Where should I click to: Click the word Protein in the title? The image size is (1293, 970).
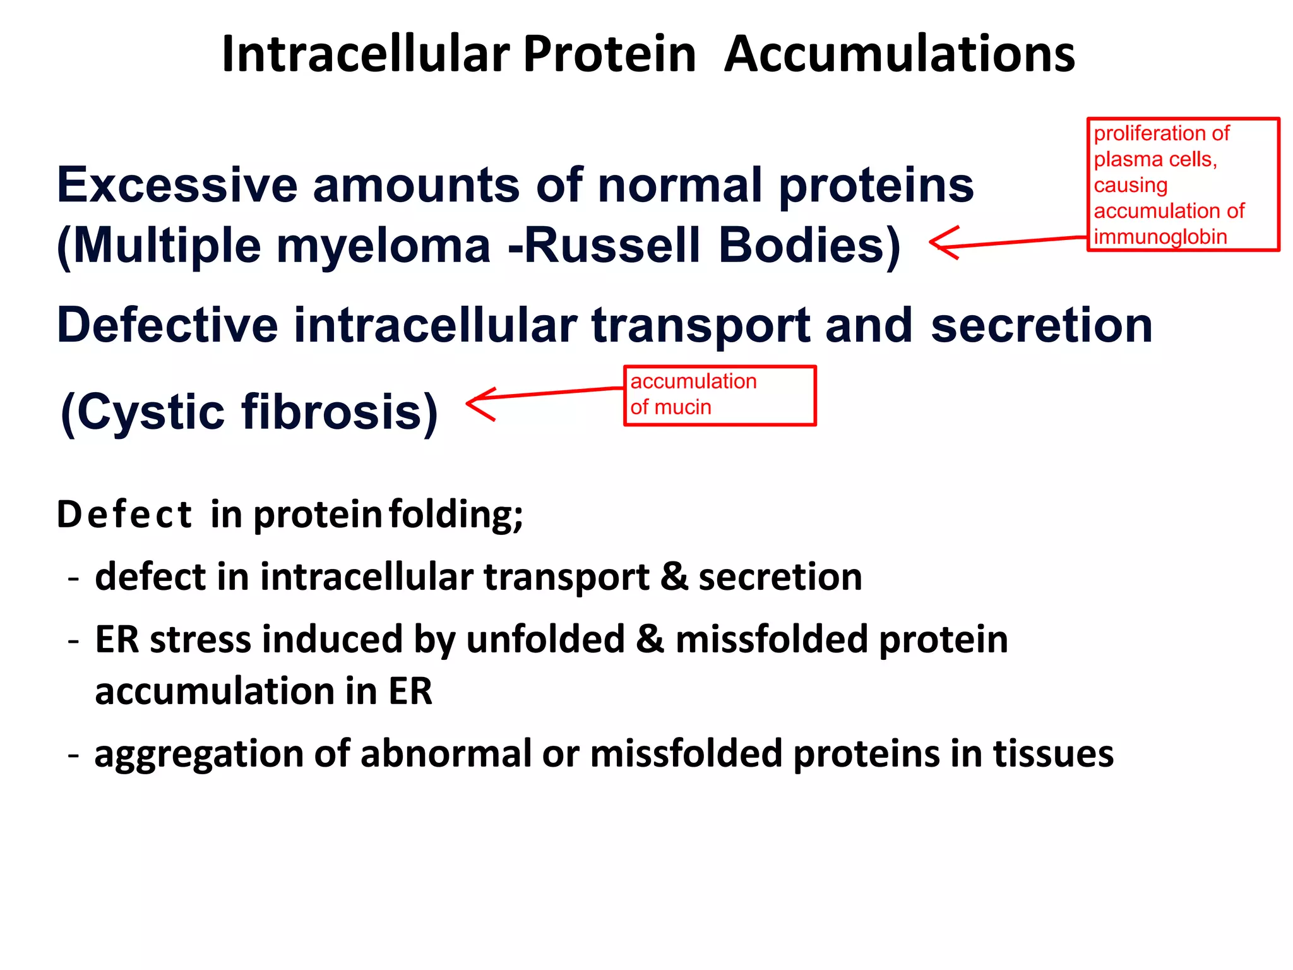609,54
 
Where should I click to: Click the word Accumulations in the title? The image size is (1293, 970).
899,54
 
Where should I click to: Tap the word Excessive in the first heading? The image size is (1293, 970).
177,185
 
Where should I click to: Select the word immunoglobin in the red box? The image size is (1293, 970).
1160,237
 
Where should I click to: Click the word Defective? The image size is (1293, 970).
167,325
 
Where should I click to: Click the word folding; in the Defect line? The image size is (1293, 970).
456,515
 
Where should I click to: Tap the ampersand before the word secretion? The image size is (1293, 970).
674,577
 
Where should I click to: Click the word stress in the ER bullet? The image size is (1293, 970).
200,639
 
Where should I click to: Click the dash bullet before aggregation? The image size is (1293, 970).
74,754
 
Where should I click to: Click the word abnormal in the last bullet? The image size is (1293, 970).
446,754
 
